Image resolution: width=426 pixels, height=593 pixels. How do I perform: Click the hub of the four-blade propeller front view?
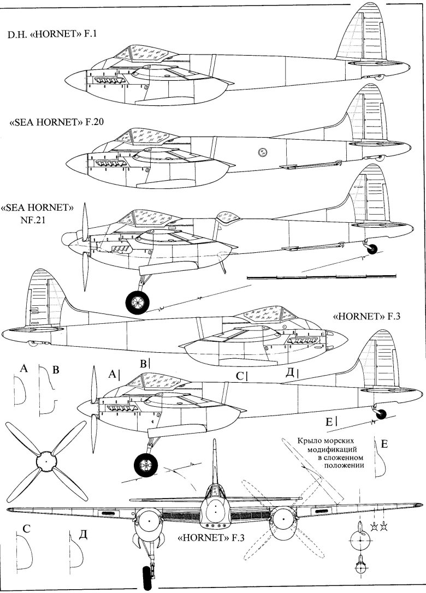(46, 462)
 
